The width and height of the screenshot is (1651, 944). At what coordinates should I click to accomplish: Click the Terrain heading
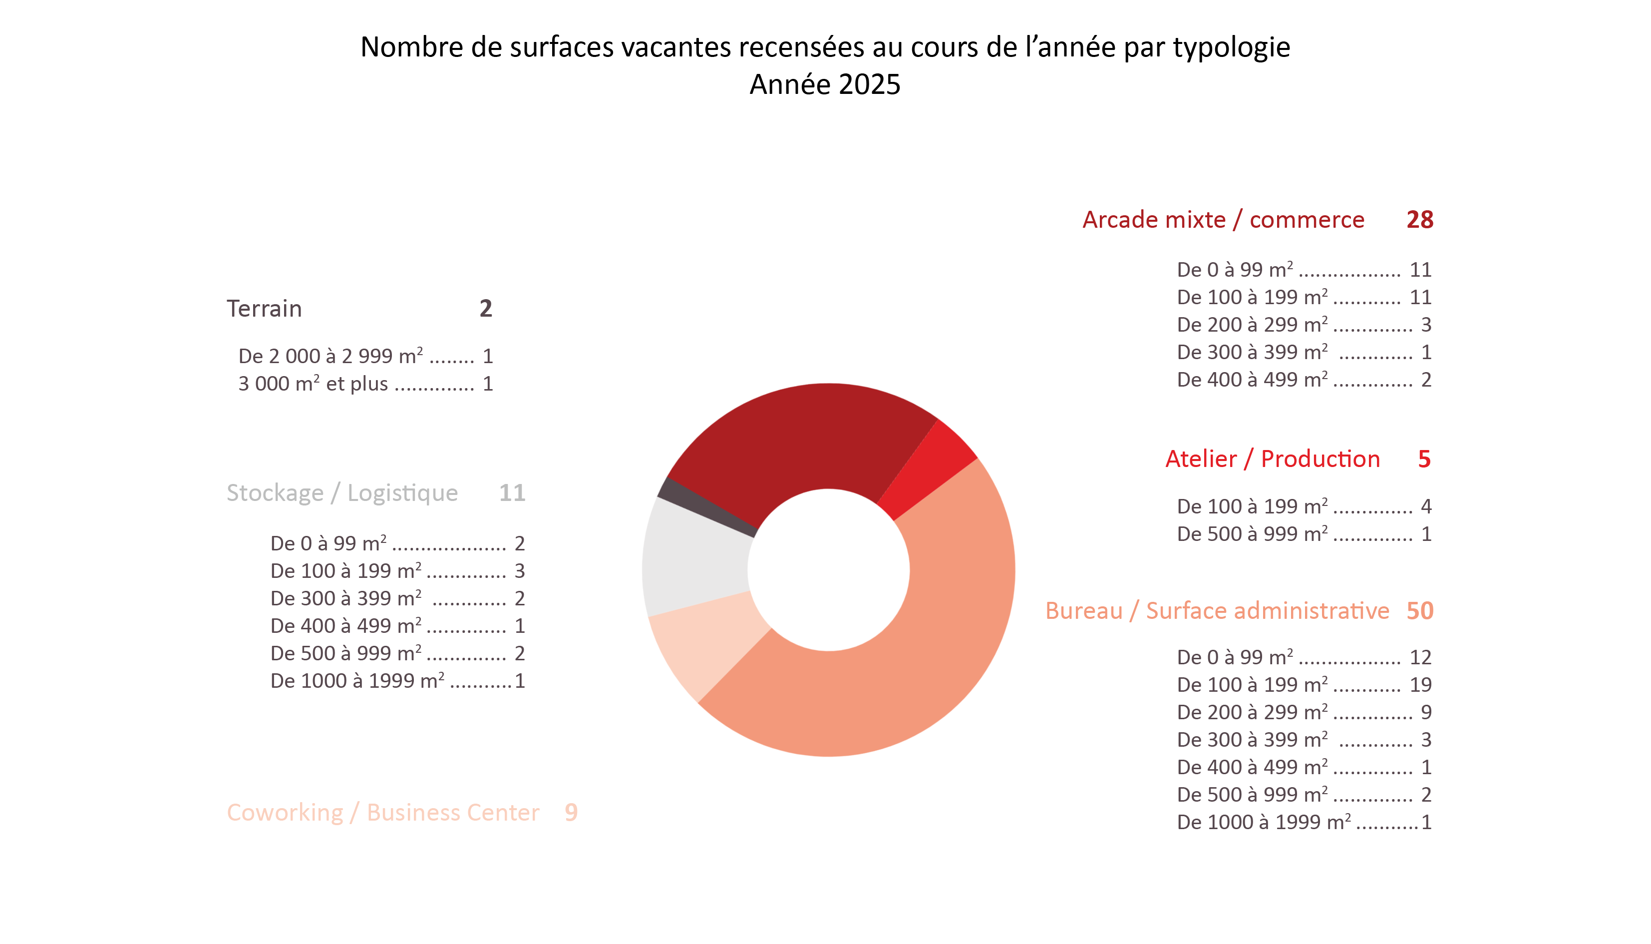[265, 309]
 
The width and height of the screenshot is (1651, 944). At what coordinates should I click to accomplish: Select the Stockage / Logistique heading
[342, 493]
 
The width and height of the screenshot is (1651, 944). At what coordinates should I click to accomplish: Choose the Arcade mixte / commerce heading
[1223, 220]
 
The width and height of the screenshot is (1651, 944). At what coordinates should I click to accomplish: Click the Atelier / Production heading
[1273, 459]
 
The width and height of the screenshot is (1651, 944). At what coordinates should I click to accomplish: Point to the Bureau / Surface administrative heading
[1218, 611]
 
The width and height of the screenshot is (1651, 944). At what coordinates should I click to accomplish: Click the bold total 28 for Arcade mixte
[1420, 220]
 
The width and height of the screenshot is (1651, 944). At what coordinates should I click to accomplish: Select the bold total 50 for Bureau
[1420, 611]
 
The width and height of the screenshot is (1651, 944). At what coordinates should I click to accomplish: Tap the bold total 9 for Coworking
[571, 812]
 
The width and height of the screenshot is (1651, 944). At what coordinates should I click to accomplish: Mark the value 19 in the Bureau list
[1420, 685]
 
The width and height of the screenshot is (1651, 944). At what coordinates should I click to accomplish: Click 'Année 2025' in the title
[825, 84]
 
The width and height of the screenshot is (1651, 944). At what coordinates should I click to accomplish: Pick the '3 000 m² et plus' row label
[313, 384]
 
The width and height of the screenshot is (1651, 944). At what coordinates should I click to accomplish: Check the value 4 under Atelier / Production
[1426, 506]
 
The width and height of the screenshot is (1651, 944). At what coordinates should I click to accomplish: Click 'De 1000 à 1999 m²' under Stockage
[357, 681]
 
